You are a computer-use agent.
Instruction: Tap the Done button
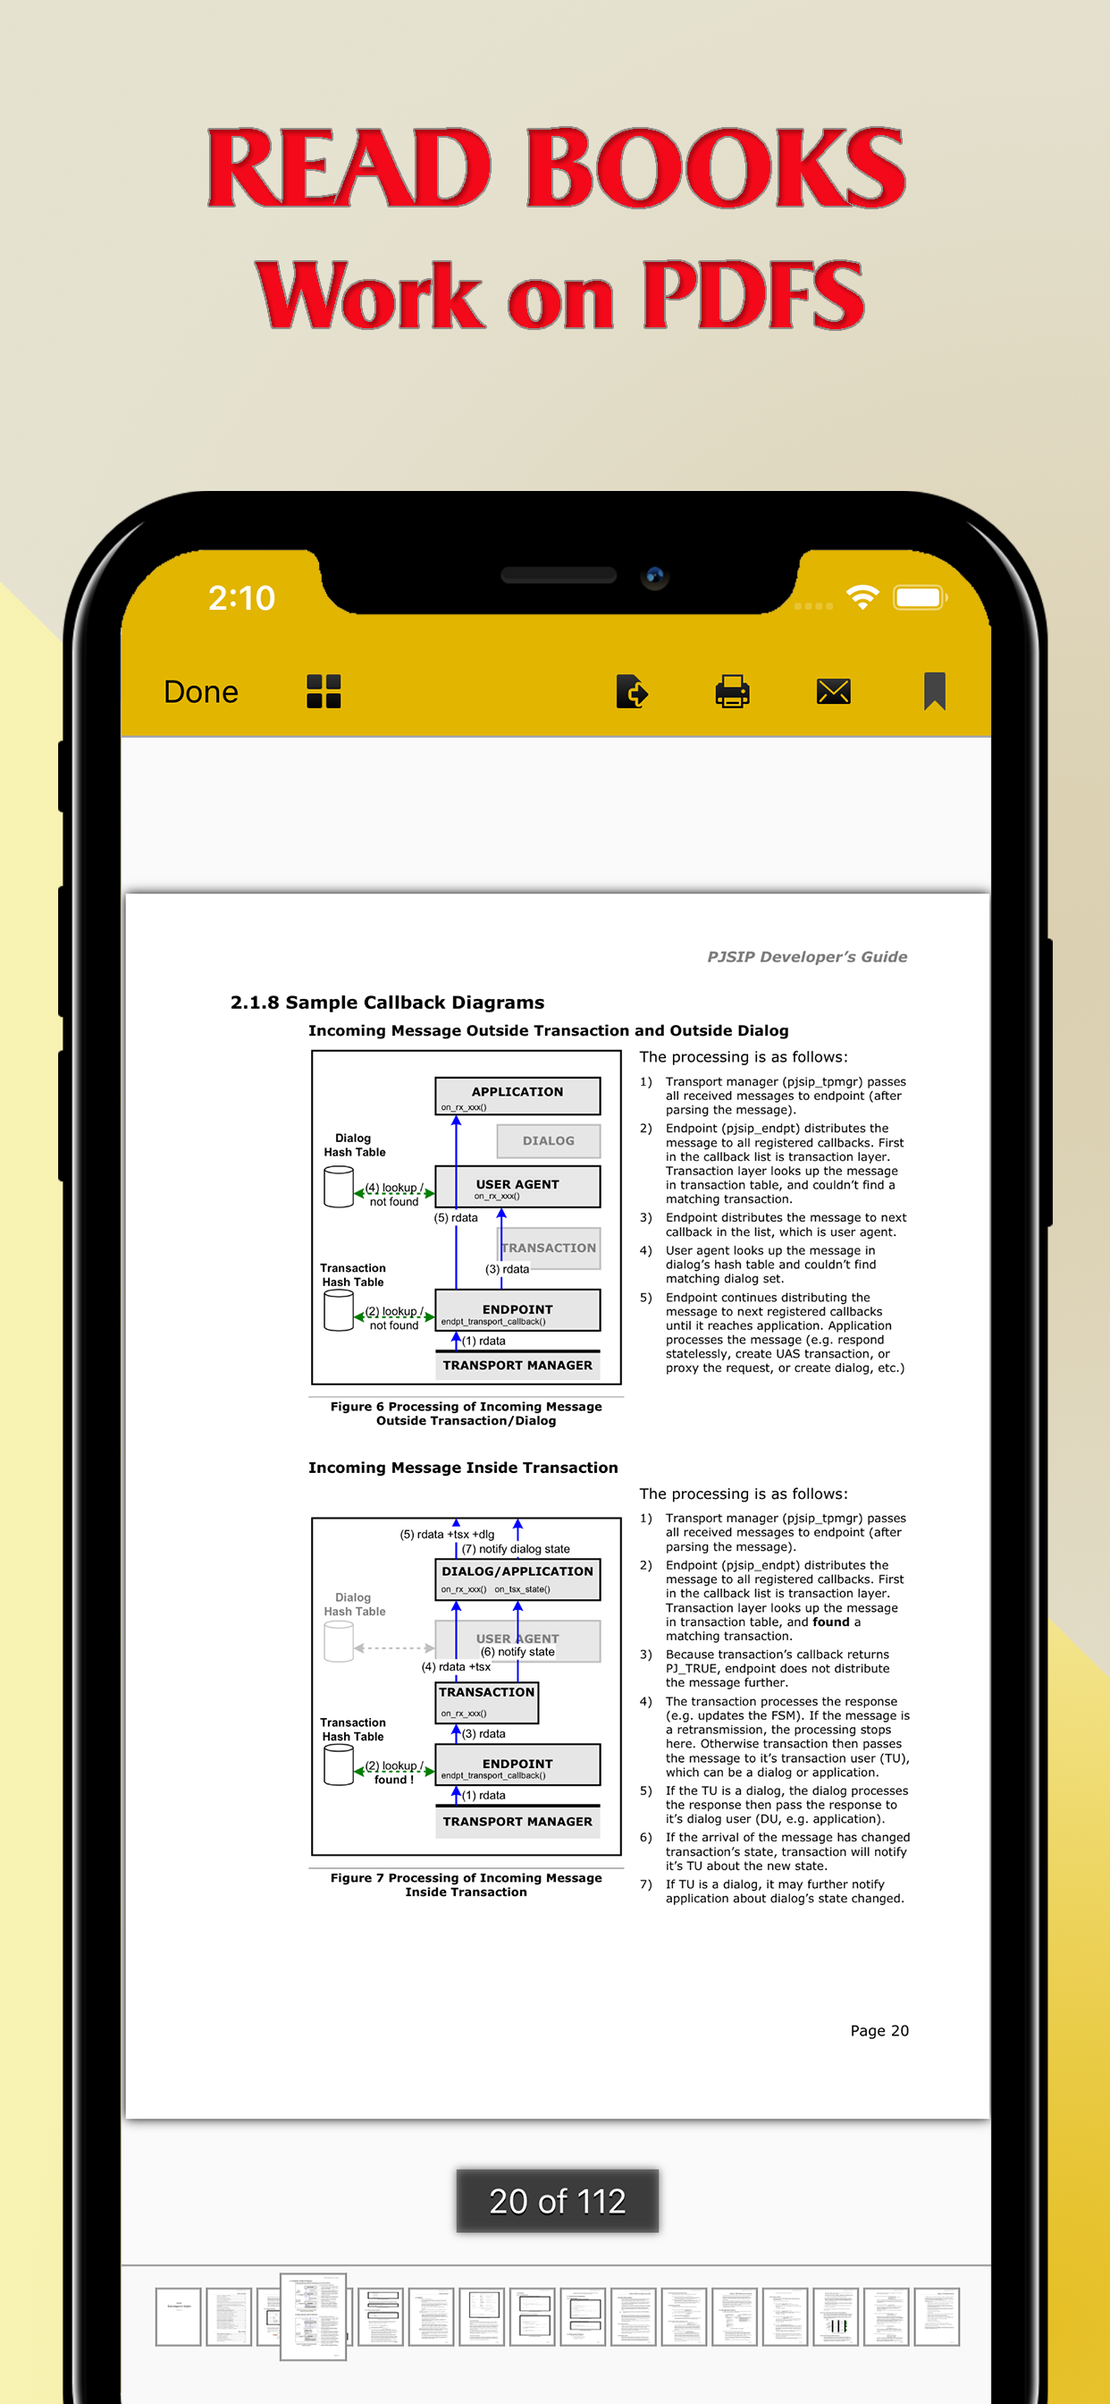tap(200, 691)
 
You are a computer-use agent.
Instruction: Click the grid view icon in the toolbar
tap(324, 691)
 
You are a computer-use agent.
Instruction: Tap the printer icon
tap(732, 691)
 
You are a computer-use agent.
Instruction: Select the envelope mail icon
tap(833, 691)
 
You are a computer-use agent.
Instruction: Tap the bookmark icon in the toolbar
tap(934, 691)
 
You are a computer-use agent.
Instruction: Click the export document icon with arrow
tap(632, 691)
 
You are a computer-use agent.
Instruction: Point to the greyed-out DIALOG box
tap(549, 1140)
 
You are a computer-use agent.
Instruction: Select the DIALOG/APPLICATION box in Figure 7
tap(517, 1579)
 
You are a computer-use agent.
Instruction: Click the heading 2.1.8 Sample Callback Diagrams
tap(387, 1003)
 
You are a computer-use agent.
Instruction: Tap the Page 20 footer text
tap(879, 2031)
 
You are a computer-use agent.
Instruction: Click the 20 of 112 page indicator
tap(557, 2201)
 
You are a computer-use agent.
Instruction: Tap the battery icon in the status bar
tap(920, 597)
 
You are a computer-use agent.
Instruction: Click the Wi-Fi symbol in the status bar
tap(862, 597)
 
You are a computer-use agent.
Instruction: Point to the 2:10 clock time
tap(241, 598)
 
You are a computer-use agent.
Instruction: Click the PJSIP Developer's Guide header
tap(807, 957)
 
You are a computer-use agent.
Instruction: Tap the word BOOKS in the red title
tap(716, 169)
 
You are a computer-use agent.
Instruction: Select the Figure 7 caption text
tap(466, 1884)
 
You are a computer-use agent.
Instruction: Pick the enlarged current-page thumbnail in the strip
tap(314, 2316)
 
